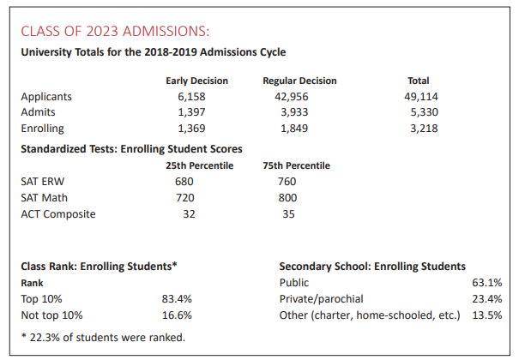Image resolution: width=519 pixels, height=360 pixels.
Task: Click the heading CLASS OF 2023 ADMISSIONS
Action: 115,32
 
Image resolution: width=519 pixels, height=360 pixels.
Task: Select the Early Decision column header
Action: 197,81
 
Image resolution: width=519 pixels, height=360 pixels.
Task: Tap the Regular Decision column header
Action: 299,81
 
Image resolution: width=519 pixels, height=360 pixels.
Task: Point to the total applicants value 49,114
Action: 422,96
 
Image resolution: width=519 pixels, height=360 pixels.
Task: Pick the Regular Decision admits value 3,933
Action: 299,111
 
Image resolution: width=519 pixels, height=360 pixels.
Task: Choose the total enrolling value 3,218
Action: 422,128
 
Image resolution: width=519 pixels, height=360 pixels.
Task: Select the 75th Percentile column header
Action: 296,165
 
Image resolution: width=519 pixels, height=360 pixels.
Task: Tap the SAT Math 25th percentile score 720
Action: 184,197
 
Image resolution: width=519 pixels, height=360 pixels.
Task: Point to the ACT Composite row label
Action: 58,213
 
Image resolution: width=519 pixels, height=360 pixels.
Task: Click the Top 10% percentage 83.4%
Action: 177,299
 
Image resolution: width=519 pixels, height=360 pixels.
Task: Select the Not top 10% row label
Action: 51,315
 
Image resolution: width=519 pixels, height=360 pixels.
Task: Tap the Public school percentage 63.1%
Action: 486,282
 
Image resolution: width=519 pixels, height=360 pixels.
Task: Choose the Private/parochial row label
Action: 322,299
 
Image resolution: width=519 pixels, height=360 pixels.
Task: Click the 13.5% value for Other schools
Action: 486,315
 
